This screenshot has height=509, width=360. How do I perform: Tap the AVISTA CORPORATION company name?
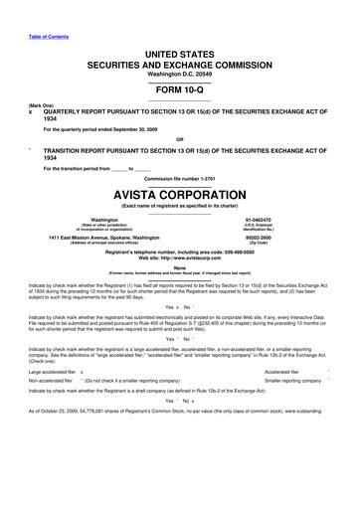click(x=180, y=192)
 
